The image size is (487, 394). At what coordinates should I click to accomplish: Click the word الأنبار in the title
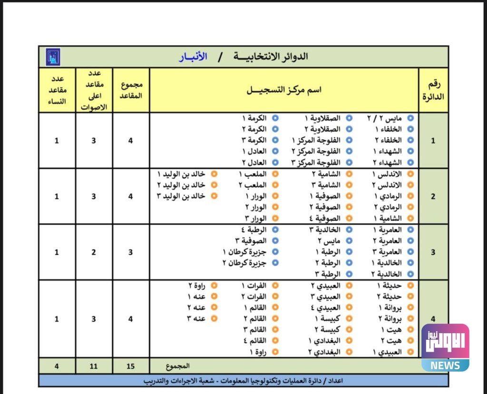193,57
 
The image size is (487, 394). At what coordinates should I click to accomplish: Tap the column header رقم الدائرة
433,90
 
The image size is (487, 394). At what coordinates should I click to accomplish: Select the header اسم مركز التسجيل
284,90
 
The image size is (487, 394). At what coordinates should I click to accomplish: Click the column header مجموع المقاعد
131,90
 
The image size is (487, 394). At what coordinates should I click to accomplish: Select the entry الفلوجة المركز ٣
317,163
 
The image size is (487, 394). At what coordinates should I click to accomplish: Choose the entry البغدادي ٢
325,352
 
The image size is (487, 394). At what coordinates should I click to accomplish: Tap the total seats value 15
131,366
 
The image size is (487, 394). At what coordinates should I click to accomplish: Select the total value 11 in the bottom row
94,366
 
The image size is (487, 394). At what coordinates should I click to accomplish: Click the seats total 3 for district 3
131,252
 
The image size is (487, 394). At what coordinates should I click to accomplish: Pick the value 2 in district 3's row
94,252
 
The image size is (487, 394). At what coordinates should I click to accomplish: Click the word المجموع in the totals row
178,366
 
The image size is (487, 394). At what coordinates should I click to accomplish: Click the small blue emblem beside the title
53,57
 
